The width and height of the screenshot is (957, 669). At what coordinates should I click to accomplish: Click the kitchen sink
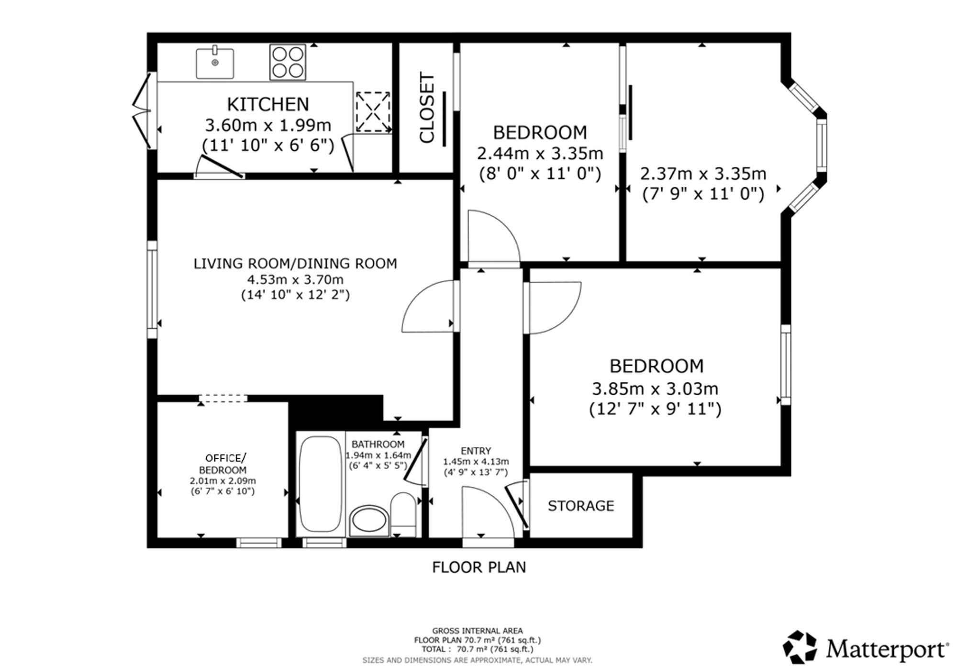click(x=215, y=63)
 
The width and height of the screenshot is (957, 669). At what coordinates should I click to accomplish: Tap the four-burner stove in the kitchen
click(x=288, y=62)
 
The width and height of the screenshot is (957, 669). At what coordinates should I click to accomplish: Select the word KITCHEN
click(x=268, y=104)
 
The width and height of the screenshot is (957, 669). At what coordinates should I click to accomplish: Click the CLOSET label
click(x=427, y=108)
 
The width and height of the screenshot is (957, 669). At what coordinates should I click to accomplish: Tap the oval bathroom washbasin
click(x=369, y=521)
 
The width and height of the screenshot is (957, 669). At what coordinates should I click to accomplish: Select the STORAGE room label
click(x=581, y=506)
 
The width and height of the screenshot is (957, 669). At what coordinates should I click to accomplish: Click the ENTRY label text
click(x=476, y=451)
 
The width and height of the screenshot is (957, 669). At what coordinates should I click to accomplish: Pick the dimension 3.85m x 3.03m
click(x=655, y=389)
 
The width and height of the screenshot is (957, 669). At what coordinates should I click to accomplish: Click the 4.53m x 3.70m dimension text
click(x=295, y=279)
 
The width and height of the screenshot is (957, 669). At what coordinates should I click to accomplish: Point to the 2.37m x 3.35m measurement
click(x=703, y=174)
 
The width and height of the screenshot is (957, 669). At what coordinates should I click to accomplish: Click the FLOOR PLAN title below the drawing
click(x=479, y=567)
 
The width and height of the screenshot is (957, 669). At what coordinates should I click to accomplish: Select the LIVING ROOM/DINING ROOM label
click(x=295, y=264)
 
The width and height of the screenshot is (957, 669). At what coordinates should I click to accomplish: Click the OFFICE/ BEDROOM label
click(x=223, y=464)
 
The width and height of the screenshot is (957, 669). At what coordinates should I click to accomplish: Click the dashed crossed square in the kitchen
click(x=373, y=112)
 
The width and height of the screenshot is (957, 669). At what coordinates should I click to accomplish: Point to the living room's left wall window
click(x=152, y=290)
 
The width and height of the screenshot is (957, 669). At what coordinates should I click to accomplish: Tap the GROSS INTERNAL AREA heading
click(x=478, y=631)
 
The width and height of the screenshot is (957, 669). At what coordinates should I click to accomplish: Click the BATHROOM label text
click(x=378, y=444)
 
